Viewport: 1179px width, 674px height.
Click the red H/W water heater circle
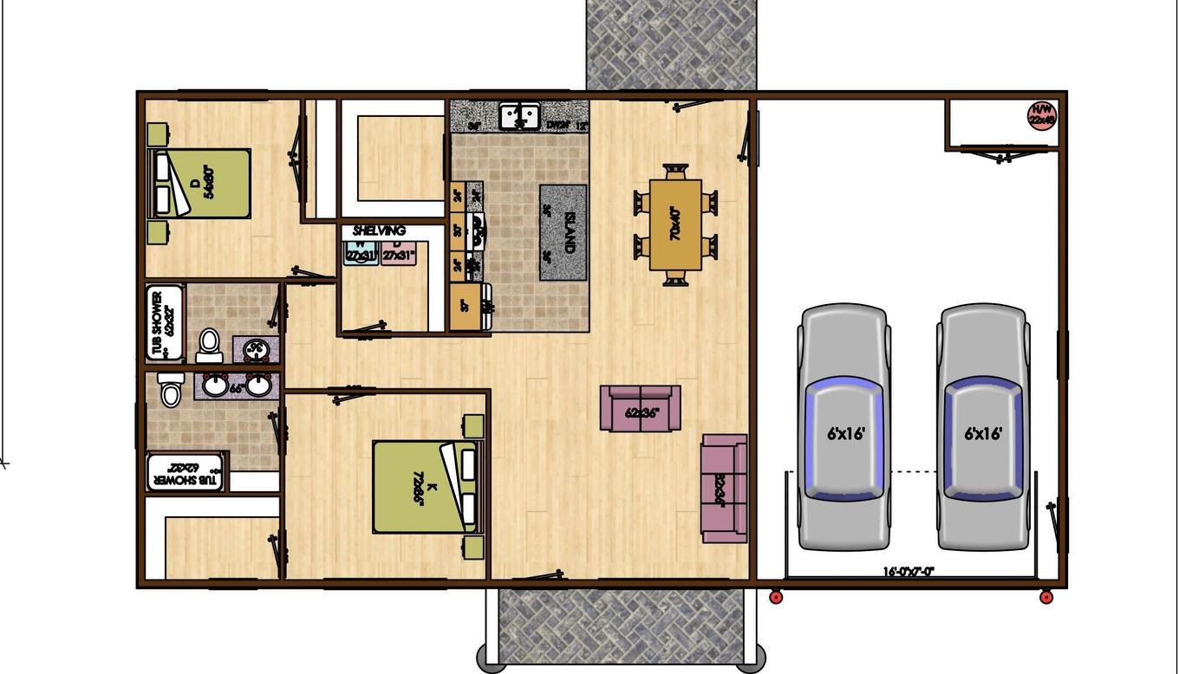click(x=1041, y=115)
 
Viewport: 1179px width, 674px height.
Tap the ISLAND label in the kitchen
click(x=570, y=231)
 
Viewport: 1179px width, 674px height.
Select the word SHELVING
click(x=379, y=231)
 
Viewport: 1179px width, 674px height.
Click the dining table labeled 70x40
click(x=675, y=224)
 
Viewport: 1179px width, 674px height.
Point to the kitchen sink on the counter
click(x=519, y=115)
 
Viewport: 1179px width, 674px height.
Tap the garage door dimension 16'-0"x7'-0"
click(x=909, y=572)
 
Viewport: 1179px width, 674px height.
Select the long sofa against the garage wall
click(x=724, y=489)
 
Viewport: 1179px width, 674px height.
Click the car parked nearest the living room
click(x=844, y=426)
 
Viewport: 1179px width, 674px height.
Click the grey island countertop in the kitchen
click(x=563, y=232)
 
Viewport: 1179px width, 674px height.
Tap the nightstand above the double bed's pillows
click(x=157, y=135)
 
